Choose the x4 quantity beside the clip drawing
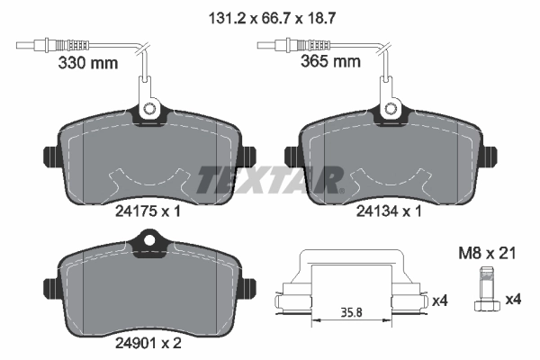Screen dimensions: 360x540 (441, 299)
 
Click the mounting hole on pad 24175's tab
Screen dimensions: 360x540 (149, 112)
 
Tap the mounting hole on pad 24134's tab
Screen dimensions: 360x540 (392, 112)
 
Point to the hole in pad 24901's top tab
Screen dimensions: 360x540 (150, 241)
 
